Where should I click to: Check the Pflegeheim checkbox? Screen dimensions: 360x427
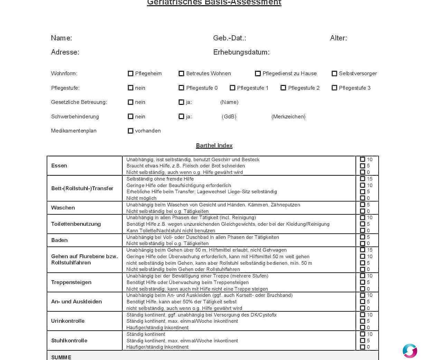click(x=131, y=74)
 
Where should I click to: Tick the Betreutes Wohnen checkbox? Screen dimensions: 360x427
click(x=181, y=74)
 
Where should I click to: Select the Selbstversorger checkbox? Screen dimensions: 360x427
click(x=334, y=74)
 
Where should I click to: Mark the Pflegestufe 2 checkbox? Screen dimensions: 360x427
click(x=283, y=88)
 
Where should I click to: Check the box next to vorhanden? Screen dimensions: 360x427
click(x=131, y=131)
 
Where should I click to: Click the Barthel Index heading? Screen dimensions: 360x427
click(x=214, y=146)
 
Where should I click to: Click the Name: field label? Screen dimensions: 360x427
click(x=61, y=38)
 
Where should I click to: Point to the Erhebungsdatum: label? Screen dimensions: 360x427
click(x=241, y=52)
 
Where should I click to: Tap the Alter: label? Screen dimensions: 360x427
click(x=338, y=38)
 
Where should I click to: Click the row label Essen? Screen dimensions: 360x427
click(x=59, y=166)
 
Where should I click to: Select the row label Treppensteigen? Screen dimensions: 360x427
click(x=71, y=282)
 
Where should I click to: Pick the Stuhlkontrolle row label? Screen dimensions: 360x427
click(x=69, y=341)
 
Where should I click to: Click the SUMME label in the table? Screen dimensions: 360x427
click(x=61, y=357)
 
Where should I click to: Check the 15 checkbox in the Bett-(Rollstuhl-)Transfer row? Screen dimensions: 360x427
click(x=362, y=179)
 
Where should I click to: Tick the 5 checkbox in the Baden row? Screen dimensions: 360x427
click(x=362, y=237)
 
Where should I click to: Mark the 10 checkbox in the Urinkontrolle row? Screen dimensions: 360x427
click(x=362, y=315)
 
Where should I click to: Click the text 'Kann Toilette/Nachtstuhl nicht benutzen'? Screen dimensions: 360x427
click(x=171, y=231)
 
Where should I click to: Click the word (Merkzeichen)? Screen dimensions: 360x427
click(x=288, y=117)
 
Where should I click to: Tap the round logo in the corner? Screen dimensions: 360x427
click(x=410, y=351)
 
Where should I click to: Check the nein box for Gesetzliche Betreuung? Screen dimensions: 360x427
click(x=131, y=102)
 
